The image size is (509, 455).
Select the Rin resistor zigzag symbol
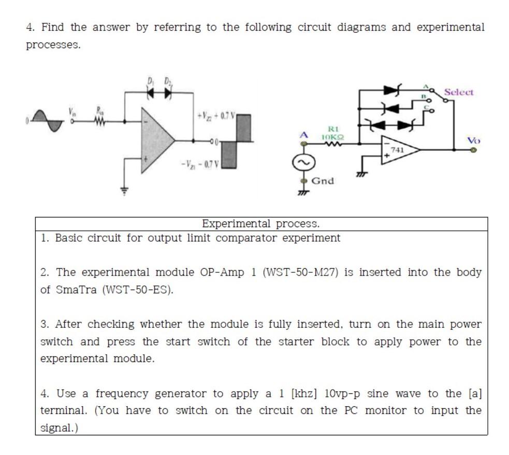99,121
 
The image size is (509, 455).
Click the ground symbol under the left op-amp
124,190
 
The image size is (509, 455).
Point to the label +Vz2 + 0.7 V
215,115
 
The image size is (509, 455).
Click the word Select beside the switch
458,92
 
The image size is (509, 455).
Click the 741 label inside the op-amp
397,149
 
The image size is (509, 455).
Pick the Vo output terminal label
473,140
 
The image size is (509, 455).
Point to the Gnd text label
323,181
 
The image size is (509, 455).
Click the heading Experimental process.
260,224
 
